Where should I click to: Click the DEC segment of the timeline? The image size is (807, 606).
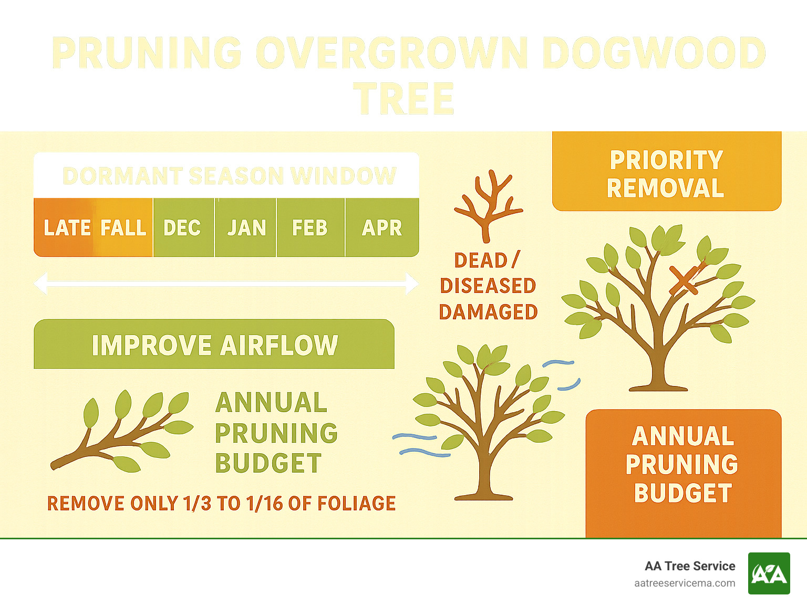click(x=183, y=228)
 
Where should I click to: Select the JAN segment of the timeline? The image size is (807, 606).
click(x=246, y=228)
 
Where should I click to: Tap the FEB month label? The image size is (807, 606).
click(x=310, y=228)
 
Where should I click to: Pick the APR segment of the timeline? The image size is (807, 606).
click(x=382, y=228)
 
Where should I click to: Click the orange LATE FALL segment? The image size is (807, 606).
click(x=95, y=228)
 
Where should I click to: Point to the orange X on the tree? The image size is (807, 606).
click(x=683, y=280)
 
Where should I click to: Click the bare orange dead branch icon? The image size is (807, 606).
click(x=488, y=205)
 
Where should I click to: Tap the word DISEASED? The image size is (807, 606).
click(x=488, y=286)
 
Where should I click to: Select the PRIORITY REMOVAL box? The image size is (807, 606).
click(x=666, y=173)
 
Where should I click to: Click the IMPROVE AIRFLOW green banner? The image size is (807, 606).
click(x=214, y=345)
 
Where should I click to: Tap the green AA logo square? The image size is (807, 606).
click(x=769, y=573)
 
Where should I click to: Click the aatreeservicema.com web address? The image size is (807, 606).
click(x=685, y=583)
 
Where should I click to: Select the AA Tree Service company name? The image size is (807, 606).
click(x=690, y=566)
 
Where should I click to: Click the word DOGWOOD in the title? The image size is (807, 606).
click(x=653, y=54)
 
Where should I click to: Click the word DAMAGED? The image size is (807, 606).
click(x=488, y=312)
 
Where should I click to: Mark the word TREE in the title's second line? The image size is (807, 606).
click(x=403, y=99)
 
